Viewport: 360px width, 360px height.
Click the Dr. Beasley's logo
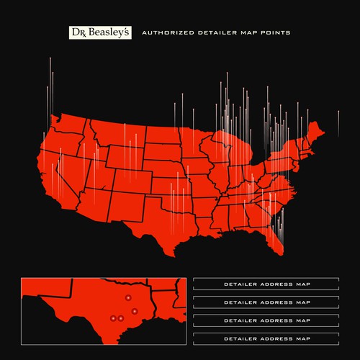pos(99,32)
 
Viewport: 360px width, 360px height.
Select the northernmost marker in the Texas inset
pos(127,297)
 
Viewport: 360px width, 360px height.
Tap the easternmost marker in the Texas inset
pos(135,311)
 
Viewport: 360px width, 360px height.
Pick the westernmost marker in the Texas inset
pos(113,318)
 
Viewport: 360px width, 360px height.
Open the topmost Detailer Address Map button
pos(266,283)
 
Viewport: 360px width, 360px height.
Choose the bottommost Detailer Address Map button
pos(266,338)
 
